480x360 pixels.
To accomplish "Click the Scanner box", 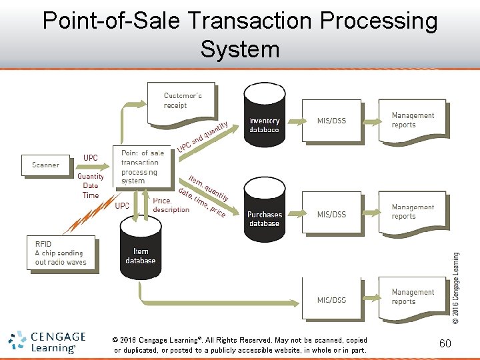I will tap(46, 165).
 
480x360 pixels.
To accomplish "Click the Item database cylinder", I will tap(141, 247).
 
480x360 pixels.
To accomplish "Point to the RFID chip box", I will tap(62, 253).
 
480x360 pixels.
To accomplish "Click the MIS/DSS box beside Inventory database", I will tap(331, 121).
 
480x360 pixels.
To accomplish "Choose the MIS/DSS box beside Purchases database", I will tap(331, 214).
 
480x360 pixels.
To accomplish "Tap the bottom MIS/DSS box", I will tap(331, 299).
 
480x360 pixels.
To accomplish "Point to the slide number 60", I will tap(445, 343).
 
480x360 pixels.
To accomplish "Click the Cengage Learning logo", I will tap(47, 342).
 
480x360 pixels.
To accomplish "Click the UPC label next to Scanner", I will tap(91, 158).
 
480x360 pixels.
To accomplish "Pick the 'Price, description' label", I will tap(171, 205).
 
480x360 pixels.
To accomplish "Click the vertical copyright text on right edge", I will tap(456, 287).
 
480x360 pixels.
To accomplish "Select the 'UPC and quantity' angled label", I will tap(203, 136).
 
